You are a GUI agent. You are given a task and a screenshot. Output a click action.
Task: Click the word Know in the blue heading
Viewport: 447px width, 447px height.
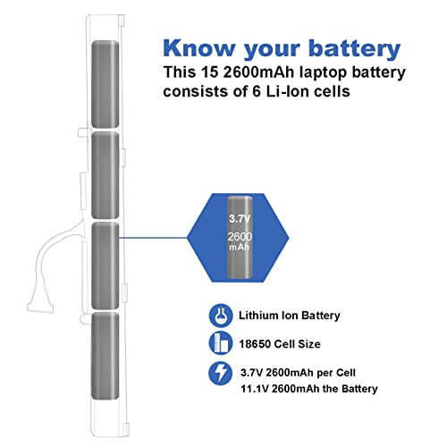pyautogui.click(x=199, y=48)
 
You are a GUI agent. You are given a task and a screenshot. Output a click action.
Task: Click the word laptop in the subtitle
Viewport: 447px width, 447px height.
pyautogui.click(x=321, y=73)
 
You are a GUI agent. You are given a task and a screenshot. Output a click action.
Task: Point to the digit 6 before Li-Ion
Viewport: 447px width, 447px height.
pyautogui.click(x=257, y=91)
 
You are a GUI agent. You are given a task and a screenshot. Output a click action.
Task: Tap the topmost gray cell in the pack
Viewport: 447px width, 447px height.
pyautogui.click(x=105, y=84)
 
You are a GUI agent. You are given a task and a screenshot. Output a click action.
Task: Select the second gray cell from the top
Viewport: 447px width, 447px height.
pyautogui.click(x=105, y=175)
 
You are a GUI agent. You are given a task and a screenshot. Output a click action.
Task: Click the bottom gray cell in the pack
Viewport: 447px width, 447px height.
pyautogui.click(x=105, y=356)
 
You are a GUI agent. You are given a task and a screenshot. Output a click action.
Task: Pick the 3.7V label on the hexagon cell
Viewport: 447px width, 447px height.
pyautogui.click(x=240, y=219)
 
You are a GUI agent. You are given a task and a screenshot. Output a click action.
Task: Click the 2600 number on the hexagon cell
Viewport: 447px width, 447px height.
pyautogui.click(x=240, y=237)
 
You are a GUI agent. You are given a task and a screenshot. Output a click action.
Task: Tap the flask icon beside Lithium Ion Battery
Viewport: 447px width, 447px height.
pyautogui.click(x=221, y=316)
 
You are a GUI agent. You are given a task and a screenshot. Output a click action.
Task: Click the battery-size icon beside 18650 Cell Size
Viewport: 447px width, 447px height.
pyautogui.click(x=221, y=343)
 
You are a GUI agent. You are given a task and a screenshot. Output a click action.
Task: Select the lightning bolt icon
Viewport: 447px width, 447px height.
pyautogui.click(x=221, y=373)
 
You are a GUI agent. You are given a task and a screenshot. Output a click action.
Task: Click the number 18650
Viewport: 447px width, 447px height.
pyautogui.click(x=255, y=344)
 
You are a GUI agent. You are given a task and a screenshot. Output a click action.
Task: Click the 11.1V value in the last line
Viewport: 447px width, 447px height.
pyautogui.click(x=255, y=389)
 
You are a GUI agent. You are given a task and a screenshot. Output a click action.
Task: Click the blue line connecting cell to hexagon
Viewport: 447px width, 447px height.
pyautogui.click(x=153, y=238)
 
